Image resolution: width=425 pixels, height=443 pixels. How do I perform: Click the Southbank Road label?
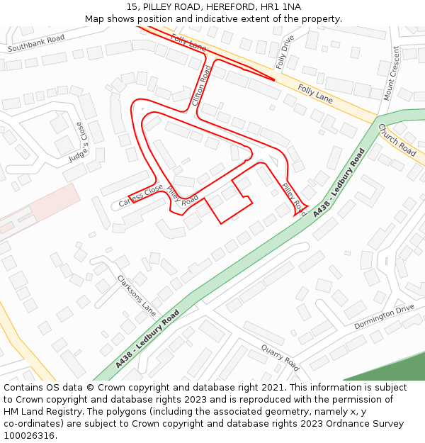pyautogui.click(x=36, y=43)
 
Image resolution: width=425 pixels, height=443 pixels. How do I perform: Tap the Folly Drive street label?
pyautogui.click(x=285, y=52)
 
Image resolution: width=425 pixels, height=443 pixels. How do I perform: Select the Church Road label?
pyautogui.click(x=397, y=140)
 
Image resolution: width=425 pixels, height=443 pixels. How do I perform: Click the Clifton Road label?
pyautogui.click(x=202, y=85)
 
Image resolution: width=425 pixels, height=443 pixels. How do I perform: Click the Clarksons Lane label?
pyautogui.click(x=136, y=294)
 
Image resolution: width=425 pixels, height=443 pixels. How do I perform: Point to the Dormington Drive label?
pyautogui.click(x=384, y=316)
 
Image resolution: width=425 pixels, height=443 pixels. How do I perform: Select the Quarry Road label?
pyautogui.click(x=280, y=357)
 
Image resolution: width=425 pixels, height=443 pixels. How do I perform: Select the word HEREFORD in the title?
pyautogui.click(x=212, y=6)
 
